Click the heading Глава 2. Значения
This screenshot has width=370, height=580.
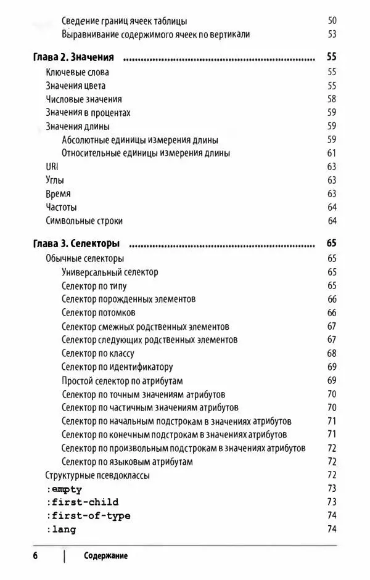point(73,58)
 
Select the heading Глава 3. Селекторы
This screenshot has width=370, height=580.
point(76,243)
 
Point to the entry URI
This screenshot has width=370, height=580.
point(52,166)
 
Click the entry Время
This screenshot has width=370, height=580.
point(58,194)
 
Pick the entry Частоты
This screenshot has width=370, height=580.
point(61,207)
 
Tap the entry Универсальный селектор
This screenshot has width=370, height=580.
point(110,272)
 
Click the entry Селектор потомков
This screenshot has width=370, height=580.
point(99,312)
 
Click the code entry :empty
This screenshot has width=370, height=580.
point(64,489)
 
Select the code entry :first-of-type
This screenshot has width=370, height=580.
point(88,516)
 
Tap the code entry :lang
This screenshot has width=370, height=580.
point(61,529)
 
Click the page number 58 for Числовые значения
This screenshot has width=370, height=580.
point(332,99)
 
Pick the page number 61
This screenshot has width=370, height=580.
point(332,153)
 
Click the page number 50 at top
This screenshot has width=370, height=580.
point(332,22)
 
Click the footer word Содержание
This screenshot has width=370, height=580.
point(106,556)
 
